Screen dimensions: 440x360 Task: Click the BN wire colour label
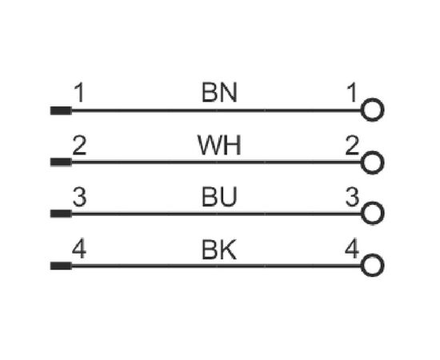pos(219,92)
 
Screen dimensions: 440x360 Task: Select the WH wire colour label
pos(219,145)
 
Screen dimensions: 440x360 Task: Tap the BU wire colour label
pos(219,197)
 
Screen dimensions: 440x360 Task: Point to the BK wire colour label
pos(219,249)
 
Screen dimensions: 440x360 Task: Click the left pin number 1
pos(79,93)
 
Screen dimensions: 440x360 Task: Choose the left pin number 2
pos(79,145)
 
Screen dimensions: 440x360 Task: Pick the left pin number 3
pos(79,197)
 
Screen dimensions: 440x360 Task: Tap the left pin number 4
pos(79,249)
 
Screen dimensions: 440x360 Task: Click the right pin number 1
pos(352,92)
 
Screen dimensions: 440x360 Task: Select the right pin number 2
pos(352,145)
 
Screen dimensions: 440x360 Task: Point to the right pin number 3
pos(352,197)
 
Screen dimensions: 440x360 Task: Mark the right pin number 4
pos(352,248)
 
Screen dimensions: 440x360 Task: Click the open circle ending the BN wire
pos(372,98)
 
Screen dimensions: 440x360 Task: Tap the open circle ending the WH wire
pos(372,151)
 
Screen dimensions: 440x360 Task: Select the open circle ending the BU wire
pos(372,202)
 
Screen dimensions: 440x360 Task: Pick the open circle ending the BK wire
pos(372,254)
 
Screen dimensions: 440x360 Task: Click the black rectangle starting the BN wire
pos(61,110)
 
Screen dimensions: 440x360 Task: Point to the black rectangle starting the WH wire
pos(61,162)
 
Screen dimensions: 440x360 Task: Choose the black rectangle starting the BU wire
pos(61,214)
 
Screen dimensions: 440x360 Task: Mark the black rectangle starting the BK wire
pos(61,266)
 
